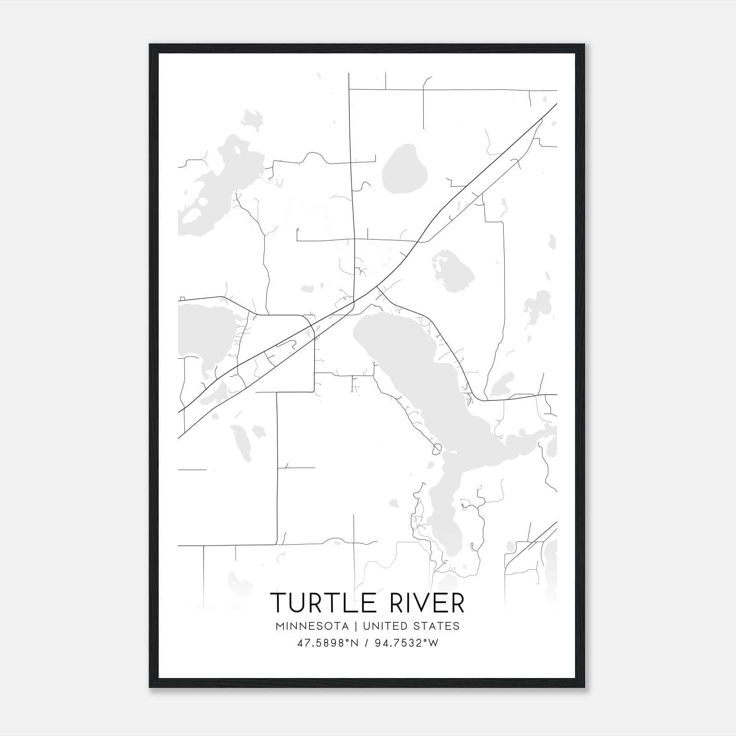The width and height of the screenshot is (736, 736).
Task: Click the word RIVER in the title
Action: pos(428,603)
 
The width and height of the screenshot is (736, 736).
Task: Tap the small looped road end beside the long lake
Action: pos(437,447)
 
